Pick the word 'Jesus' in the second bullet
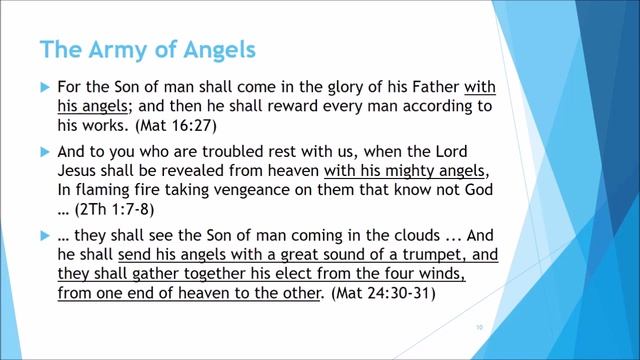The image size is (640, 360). pyautogui.click(x=82, y=170)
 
